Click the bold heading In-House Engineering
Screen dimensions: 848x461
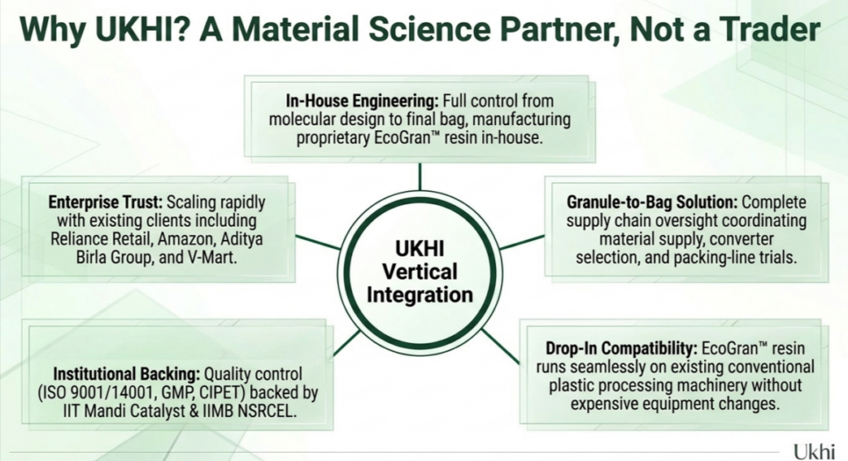point(362,100)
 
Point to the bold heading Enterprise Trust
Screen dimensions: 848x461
point(105,202)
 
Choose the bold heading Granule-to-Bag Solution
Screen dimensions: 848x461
point(652,202)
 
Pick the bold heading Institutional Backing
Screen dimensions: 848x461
point(127,374)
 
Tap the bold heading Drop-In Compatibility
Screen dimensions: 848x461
point(621,348)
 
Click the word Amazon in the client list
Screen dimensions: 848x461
point(187,239)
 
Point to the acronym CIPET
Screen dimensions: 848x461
point(220,393)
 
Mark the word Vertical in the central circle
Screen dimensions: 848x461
point(420,271)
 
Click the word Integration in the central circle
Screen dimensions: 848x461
point(420,295)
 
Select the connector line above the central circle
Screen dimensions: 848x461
point(420,177)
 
